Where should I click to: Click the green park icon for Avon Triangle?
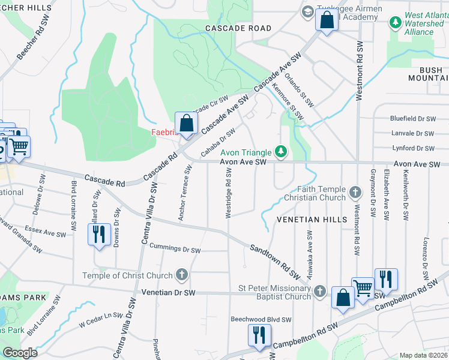[x=279, y=150]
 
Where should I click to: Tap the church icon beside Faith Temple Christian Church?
[x=355, y=193]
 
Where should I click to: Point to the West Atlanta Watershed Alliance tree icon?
[x=395, y=23]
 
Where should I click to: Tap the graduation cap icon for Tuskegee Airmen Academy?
[x=308, y=11]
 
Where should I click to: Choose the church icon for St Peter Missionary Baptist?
[x=321, y=292]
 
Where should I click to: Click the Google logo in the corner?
[x=20, y=353]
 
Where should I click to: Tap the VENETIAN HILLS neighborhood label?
[x=312, y=220]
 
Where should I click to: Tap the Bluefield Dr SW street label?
[x=411, y=119]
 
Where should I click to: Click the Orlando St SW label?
[x=298, y=89]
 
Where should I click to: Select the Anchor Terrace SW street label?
[x=184, y=194]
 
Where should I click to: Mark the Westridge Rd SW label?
[x=229, y=193]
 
